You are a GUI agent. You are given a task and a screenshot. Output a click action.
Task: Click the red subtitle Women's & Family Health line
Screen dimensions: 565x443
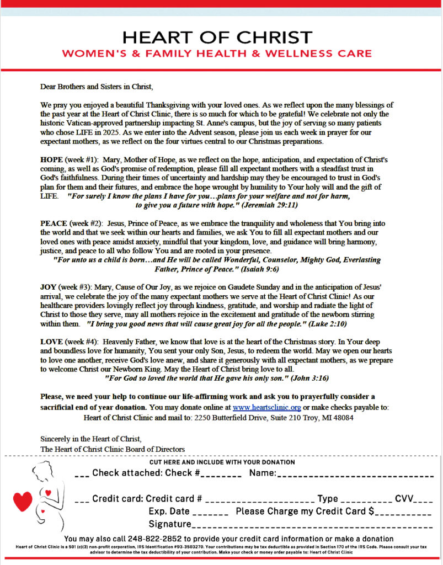coord(217,54)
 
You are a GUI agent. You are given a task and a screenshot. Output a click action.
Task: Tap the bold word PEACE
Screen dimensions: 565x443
coord(54,223)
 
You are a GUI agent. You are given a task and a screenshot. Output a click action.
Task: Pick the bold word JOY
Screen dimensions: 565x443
coord(48,287)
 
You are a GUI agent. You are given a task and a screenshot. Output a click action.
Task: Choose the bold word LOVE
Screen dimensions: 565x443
coord(51,342)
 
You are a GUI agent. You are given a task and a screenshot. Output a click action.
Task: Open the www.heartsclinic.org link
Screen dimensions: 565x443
coord(266,407)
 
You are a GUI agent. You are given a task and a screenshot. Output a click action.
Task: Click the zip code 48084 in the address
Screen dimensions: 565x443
coord(342,418)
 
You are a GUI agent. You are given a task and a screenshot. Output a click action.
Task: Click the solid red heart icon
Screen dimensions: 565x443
coord(23,501)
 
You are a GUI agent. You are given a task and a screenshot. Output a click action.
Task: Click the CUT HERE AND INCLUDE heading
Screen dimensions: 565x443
coord(222,462)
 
